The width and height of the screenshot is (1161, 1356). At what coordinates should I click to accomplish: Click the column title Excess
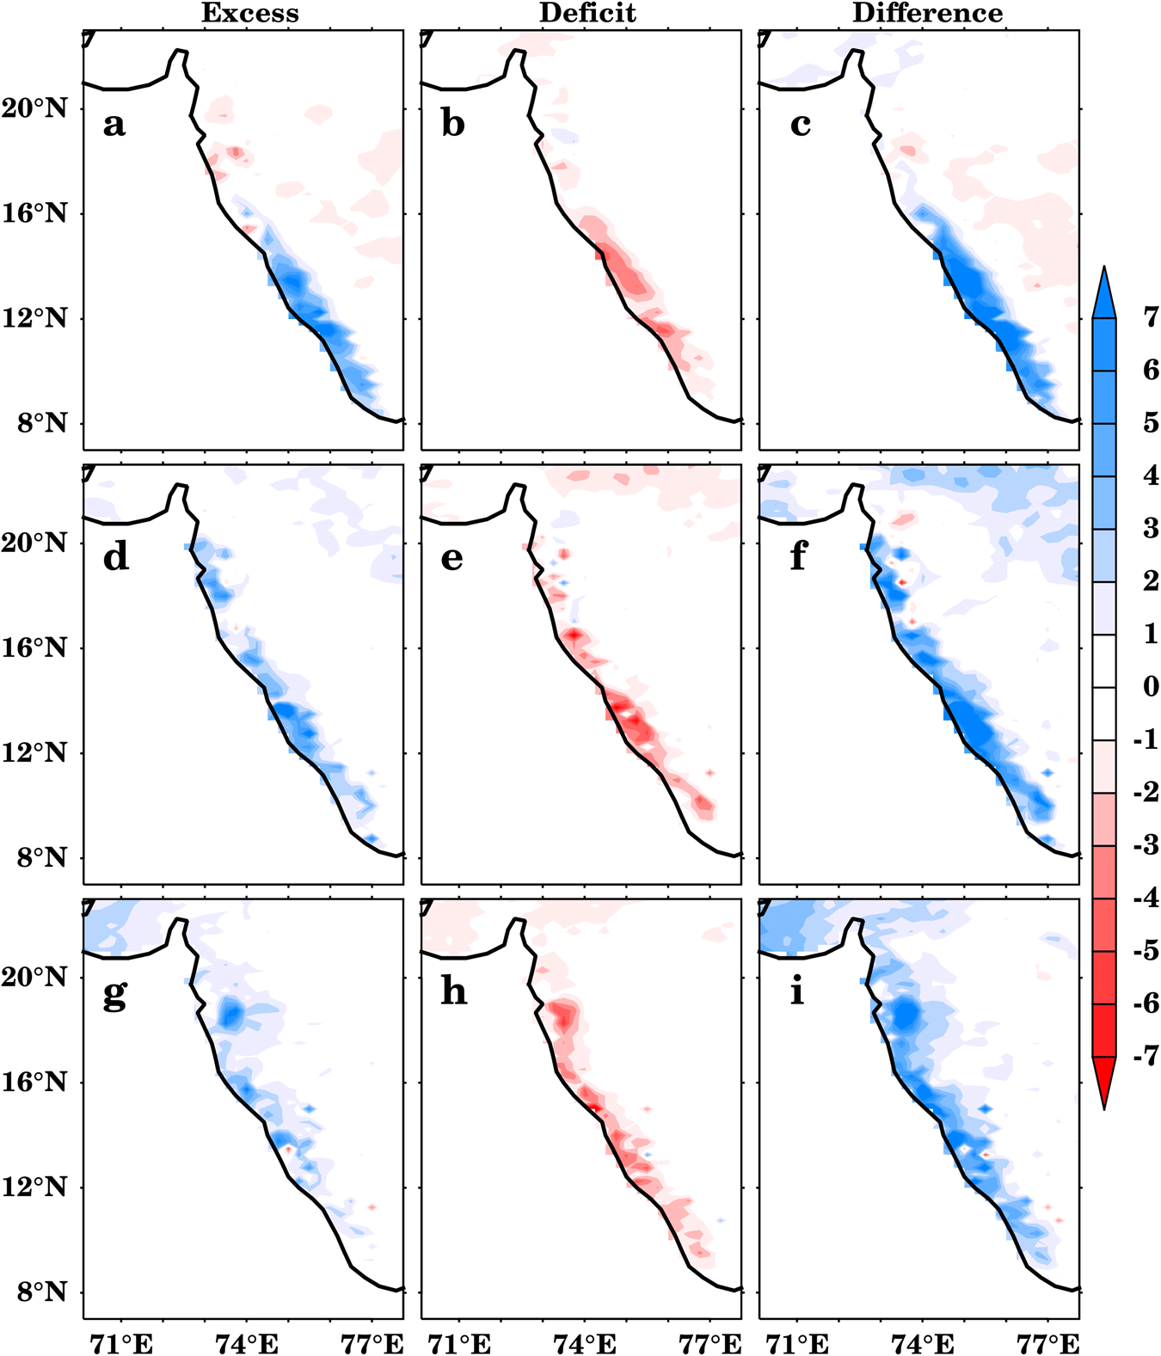(250, 13)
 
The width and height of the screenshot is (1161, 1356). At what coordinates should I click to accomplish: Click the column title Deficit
(587, 13)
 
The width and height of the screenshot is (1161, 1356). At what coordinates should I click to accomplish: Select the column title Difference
(927, 13)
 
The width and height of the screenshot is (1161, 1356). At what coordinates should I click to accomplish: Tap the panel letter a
(114, 125)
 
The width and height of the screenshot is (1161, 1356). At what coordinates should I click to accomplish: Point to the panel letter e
(452, 559)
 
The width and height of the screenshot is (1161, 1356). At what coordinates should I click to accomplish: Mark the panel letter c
(800, 126)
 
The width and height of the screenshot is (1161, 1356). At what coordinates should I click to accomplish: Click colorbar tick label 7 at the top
(1151, 316)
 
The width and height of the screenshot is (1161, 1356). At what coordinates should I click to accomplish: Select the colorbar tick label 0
(1151, 686)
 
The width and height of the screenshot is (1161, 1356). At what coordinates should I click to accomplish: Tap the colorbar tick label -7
(1146, 1055)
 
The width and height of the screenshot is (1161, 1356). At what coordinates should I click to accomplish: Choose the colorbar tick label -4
(1146, 898)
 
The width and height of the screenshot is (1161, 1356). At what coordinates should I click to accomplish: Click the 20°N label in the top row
(34, 109)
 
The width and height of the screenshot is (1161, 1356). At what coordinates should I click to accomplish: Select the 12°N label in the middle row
(34, 753)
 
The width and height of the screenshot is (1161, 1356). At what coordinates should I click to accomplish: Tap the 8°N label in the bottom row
(41, 1292)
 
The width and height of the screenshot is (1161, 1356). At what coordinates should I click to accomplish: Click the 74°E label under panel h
(587, 1343)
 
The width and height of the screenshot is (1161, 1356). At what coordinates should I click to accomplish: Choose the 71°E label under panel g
(121, 1343)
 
